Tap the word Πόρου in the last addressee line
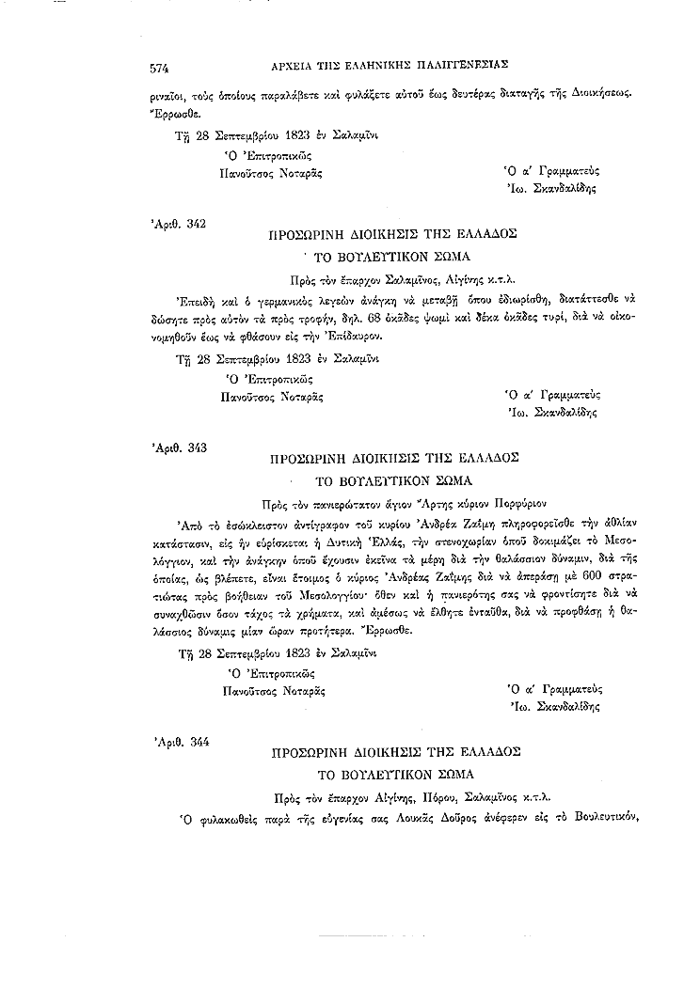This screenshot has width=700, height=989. click(x=453, y=795)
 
